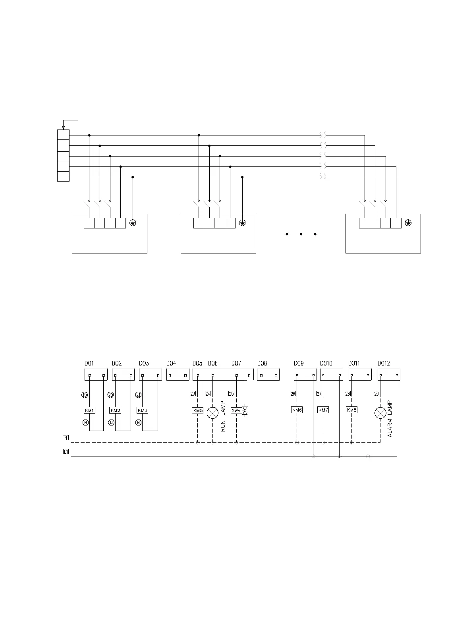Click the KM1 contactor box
click(89, 410)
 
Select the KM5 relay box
click(197, 410)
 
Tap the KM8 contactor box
click(351, 410)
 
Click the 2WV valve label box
click(237, 410)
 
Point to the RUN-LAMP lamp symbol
click(213, 413)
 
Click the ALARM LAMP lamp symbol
click(380, 413)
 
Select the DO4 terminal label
click(171, 363)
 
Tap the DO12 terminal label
click(384, 363)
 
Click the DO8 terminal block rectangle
click(268, 375)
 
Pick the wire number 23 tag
click(193, 394)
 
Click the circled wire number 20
click(110, 395)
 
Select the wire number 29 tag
click(376, 394)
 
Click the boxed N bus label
click(66, 438)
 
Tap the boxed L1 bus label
click(66, 452)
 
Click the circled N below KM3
click(138, 423)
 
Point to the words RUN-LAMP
click(223, 416)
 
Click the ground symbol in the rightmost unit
click(408, 223)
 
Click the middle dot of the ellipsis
click(301, 234)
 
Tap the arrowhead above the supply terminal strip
click(63, 128)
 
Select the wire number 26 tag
click(293, 394)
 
